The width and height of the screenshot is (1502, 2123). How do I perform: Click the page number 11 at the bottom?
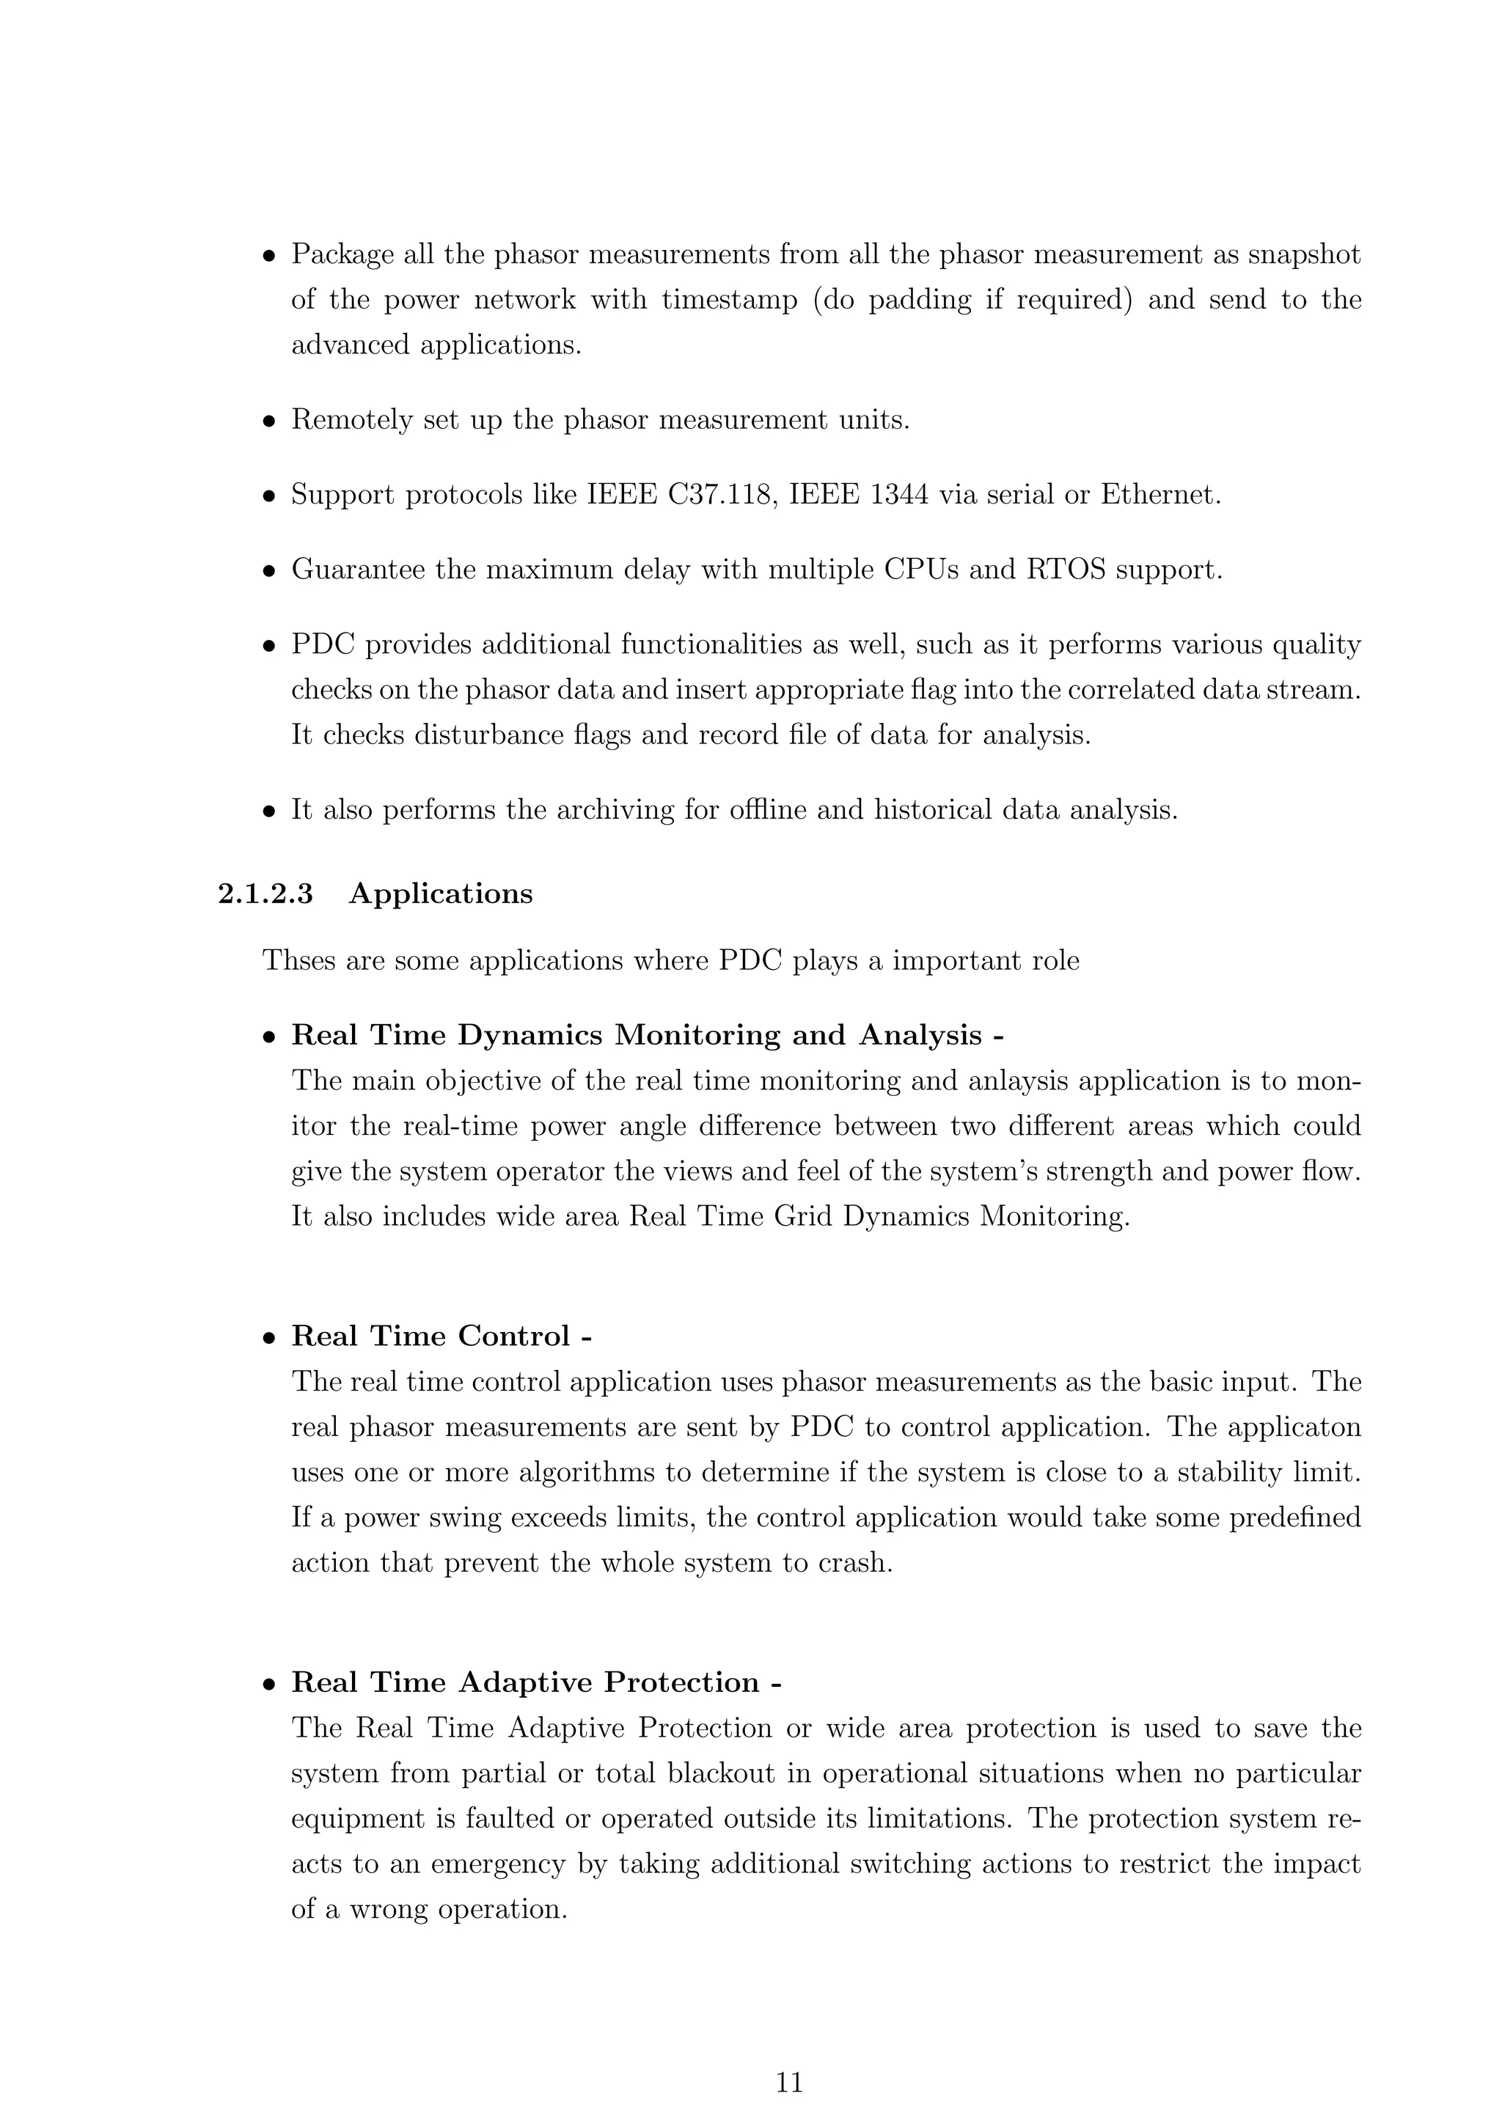tap(789, 2083)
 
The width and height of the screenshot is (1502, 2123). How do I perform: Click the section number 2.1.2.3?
tap(265, 894)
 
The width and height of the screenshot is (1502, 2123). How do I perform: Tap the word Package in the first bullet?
tap(343, 254)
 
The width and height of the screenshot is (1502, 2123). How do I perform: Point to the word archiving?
tap(615, 810)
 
